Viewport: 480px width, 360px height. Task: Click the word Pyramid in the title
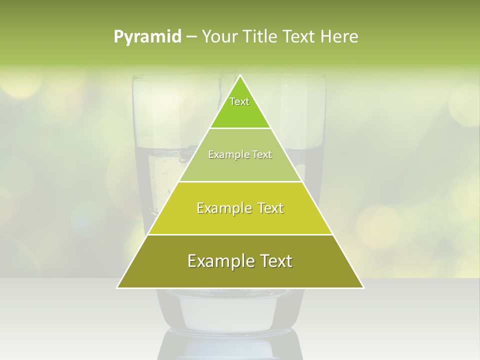pyautogui.click(x=147, y=36)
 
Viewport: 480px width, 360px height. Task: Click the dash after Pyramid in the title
pyautogui.click(x=191, y=37)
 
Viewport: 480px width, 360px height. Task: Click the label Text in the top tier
pyautogui.click(x=239, y=101)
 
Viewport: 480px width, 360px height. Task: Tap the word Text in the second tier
pyautogui.click(x=262, y=154)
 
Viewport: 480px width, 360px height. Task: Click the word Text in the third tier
pyautogui.click(x=270, y=208)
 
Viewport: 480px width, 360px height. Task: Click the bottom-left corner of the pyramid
pyautogui.click(x=117, y=288)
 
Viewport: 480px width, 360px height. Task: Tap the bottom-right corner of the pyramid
pyautogui.click(x=363, y=288)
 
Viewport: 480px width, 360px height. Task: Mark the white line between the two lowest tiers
pyautogui.click(x=240, y=234)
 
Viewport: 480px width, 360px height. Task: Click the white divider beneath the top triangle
pyautogui.click(x=240, y=128)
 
